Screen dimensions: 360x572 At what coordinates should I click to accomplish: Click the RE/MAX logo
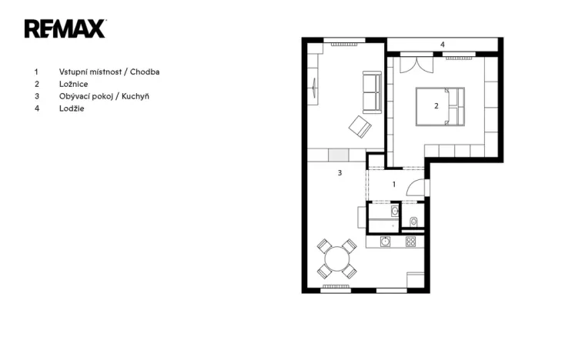tap(65, 28)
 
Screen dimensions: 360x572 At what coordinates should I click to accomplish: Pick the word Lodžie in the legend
tap(72, 108)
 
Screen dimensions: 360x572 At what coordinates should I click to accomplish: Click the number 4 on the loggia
tap(442, 45)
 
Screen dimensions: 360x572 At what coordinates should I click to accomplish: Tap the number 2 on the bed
tap(437, 106)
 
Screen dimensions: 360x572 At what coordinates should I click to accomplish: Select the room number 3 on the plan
tap(340, 174)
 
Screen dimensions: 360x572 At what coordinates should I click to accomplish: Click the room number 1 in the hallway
tap(394, 185)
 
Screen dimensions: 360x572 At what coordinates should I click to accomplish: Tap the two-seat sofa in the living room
tap(371, 92)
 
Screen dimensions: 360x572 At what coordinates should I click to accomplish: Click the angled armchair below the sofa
tap(360, 126)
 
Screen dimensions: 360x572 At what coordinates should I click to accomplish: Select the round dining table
tap(336, 259)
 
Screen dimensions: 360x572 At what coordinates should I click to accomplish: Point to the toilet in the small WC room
tap(413, 222)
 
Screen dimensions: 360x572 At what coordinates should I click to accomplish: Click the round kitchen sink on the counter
tap(385, 242)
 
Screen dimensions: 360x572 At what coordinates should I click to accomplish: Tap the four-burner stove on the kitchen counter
tap(410, 242)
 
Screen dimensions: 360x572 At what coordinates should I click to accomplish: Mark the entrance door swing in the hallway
tap(416, 187)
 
